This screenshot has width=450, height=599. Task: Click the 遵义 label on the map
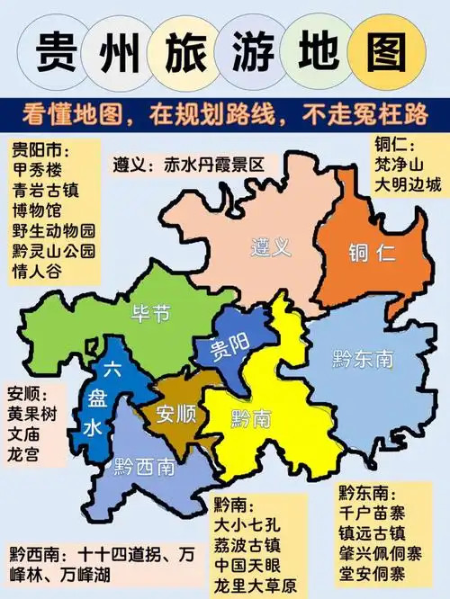270,246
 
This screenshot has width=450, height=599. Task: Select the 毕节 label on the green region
150,315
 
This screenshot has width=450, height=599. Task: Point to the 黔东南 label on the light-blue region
363,359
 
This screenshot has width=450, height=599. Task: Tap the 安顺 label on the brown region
175,415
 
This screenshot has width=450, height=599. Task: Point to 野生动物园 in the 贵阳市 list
53,230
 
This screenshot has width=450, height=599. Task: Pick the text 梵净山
399,165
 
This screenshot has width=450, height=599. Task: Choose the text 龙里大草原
255,585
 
